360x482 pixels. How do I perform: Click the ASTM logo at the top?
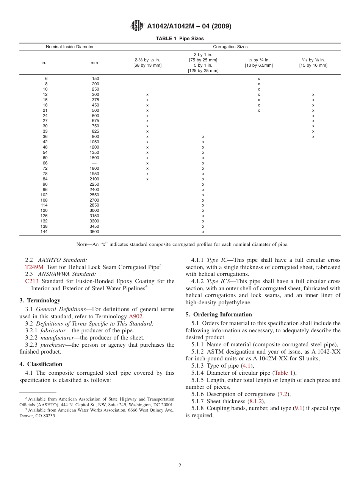(137, 26)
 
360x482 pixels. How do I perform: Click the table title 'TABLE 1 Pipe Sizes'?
(180, 38)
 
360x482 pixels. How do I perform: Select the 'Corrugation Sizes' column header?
(230, 47)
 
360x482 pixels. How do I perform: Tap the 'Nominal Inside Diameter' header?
(70, 47)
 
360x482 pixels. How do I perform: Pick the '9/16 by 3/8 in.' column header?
(313, 63)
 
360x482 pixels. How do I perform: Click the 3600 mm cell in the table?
(94, 232)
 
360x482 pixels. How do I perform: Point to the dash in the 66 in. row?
(94, 163)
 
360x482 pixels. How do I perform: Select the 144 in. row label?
(44, 232)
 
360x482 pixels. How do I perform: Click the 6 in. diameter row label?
(46, 79)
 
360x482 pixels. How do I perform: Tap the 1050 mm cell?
(94, 142)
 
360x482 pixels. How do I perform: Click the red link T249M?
(34, 267)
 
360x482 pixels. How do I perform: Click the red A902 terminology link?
(136, 316)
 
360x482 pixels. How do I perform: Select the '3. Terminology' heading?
(40, 300)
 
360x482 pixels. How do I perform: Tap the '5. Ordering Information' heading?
(219, 315)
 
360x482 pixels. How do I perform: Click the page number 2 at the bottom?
(180, 466)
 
